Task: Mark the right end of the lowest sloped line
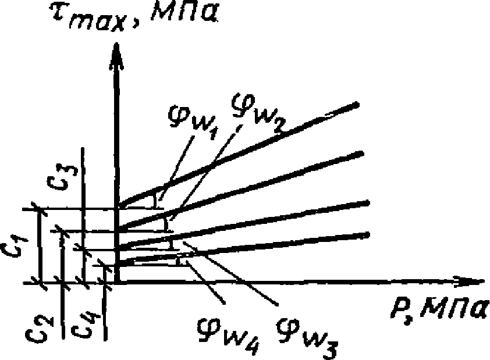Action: tap(368, 234)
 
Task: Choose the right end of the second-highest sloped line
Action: tap(361, 153)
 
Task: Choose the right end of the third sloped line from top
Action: tap(368, 202)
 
